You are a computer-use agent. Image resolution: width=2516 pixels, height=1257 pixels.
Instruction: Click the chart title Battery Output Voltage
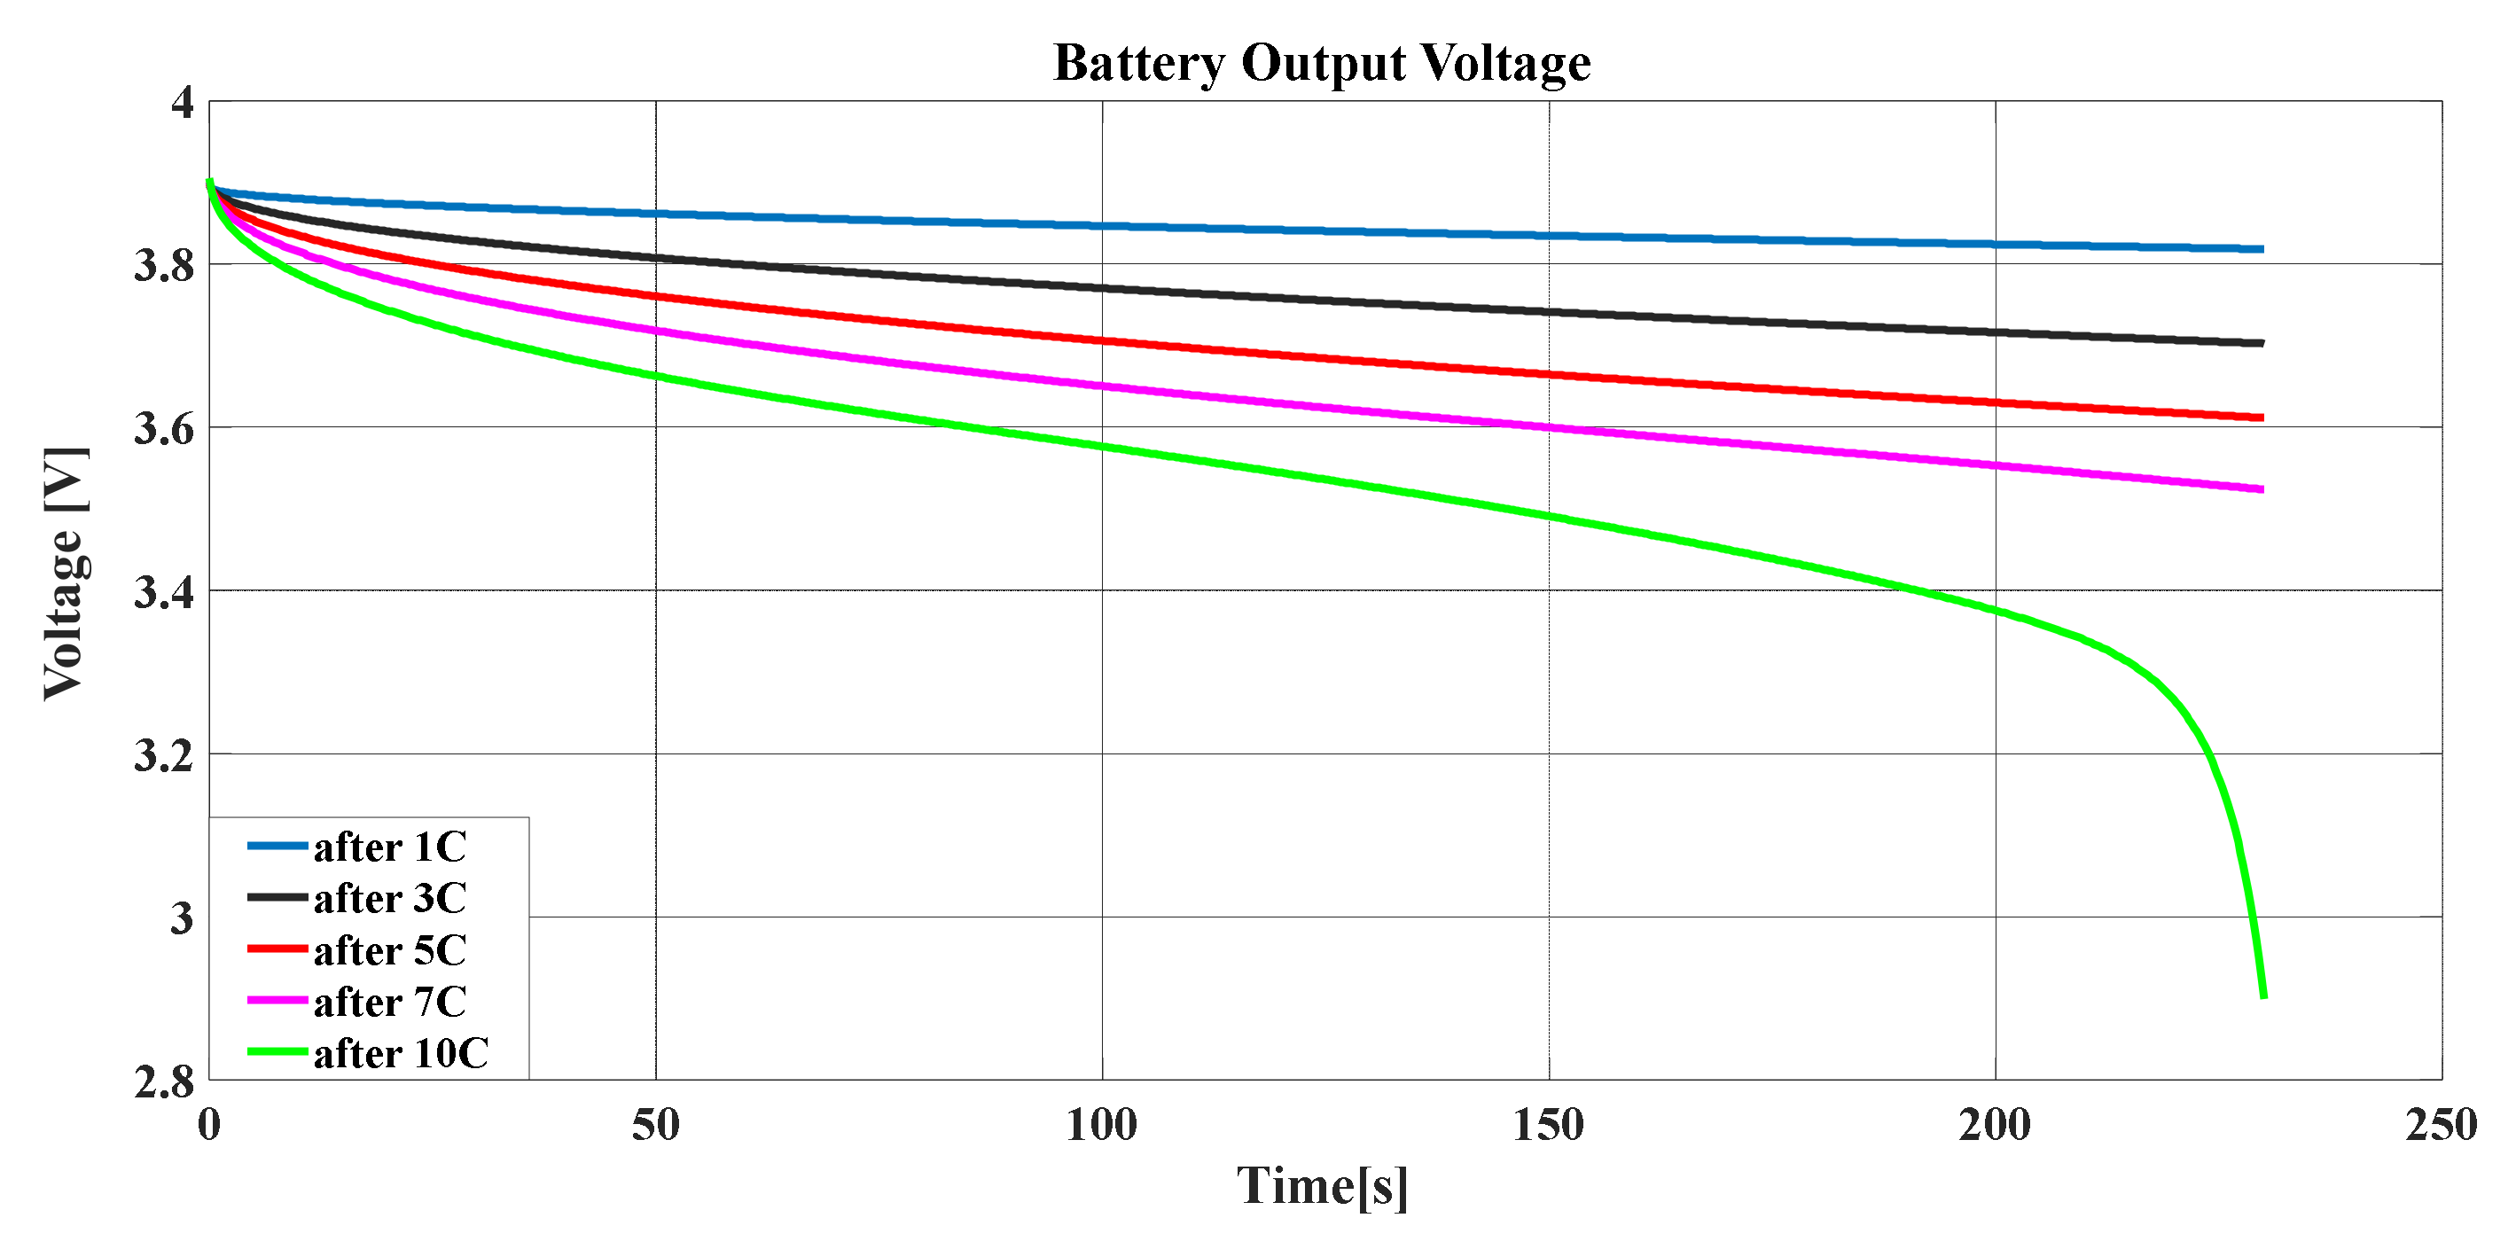pyautogui.click(x=1322, y=64)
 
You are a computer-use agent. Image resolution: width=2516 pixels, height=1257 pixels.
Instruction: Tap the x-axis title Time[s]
pyautogui.click(x=1323, y=1186)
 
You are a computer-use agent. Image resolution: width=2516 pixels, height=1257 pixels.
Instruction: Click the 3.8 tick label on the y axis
pyautogui.click(x=164, y=266)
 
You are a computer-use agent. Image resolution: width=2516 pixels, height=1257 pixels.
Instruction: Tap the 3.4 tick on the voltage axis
pyautogui.click(x=164, y=592)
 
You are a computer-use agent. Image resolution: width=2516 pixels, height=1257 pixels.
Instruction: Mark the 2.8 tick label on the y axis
pyautogui.click(x=164, y=1082)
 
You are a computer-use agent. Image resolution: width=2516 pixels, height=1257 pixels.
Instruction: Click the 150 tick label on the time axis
pyautogui.click(x=1548, y=1126)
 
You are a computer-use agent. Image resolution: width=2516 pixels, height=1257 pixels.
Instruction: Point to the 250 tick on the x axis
pyautogui.click(x=2441, y=1126)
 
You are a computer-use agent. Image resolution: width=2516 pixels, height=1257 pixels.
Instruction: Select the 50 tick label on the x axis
pyautogui.click(x=655, y=1126)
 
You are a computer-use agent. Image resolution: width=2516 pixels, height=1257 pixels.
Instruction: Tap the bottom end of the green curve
pyautogui.click(x=2263, y=995)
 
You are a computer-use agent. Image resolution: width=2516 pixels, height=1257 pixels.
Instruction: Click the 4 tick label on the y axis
pyautogui.click(x=183, y=103)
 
